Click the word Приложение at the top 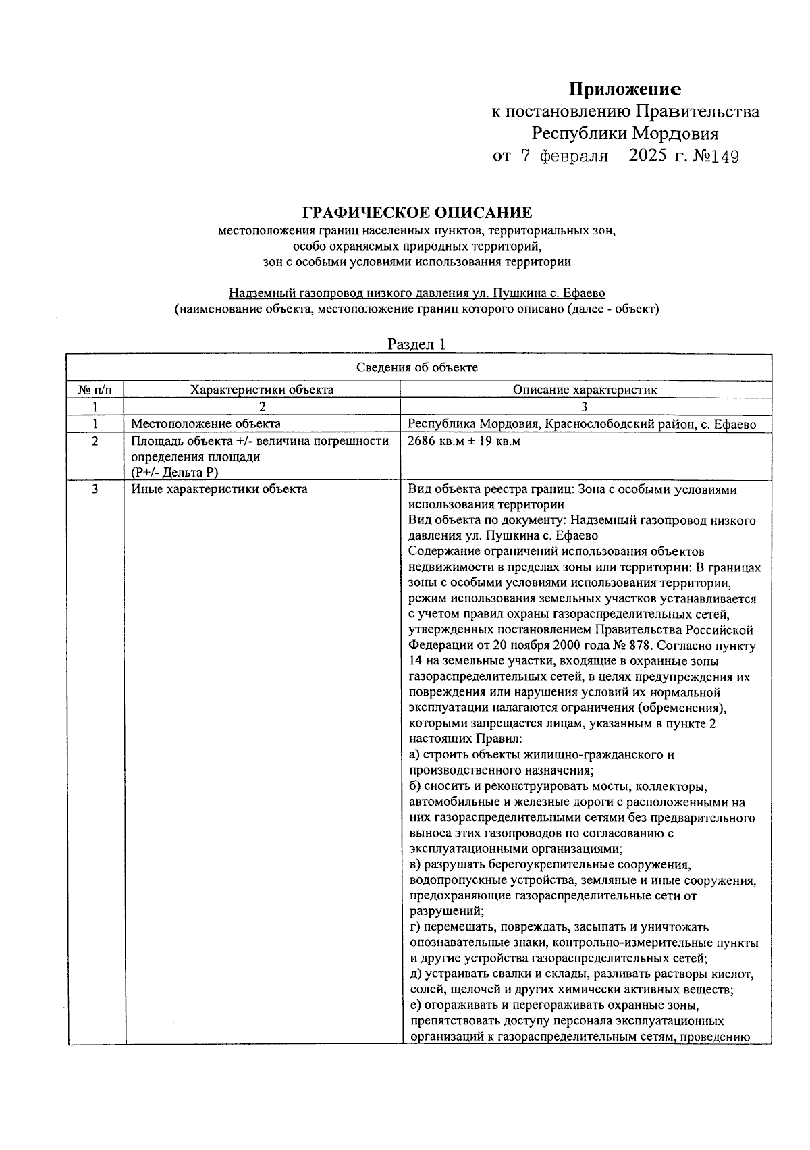(624, 89)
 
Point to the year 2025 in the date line (648, 156)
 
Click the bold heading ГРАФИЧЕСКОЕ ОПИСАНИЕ (416, 213)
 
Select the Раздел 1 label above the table (416, 344)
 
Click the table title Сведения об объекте (416, 367)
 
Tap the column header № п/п (95, 390)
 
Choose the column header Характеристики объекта (262, 390)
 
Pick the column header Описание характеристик (585, 390)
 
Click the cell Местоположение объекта (206, 424)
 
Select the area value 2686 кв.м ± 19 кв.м (464, 442)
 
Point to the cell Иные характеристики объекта (219, 489)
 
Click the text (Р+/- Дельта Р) (175, 473)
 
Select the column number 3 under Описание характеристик (585, 407)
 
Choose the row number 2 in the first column (95, 442)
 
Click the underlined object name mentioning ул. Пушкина (416, 293)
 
